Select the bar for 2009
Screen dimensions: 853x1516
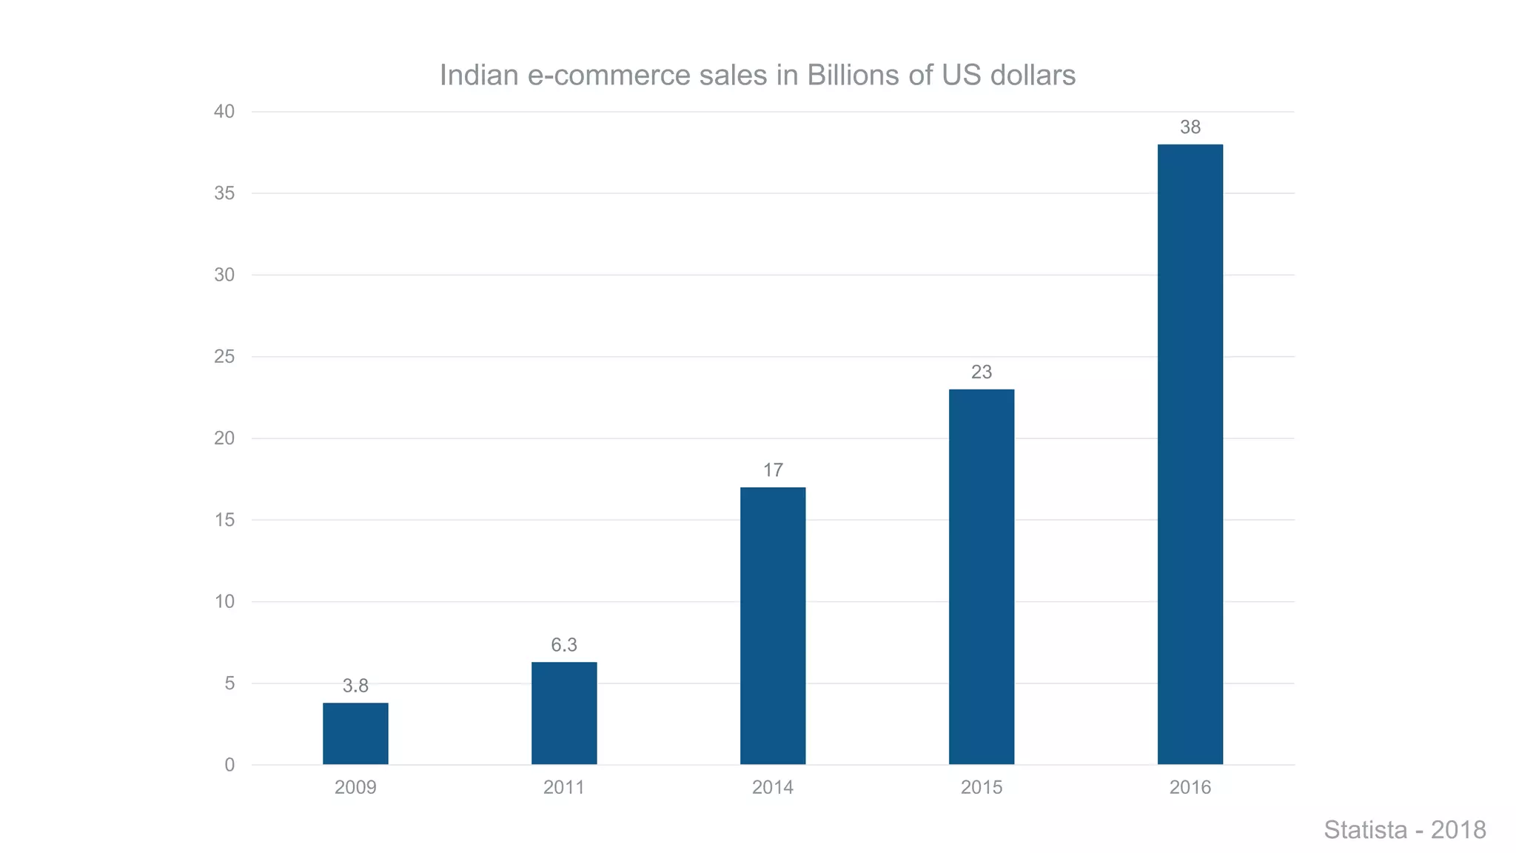[355, 733]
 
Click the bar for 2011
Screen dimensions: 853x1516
[564, 713]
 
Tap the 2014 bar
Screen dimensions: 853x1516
[773, 626]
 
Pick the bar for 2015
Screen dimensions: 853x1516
[982, 577]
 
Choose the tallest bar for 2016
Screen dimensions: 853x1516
[1190, 454]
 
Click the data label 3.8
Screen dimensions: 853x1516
[355, 686]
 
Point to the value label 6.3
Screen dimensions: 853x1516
[564, 645]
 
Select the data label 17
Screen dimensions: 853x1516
[773, 470]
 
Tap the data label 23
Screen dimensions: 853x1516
[982, 372]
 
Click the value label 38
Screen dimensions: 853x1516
[1190, 127]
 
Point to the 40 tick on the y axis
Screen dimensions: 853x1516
[224, 112]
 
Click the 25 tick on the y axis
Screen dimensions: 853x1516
[224, 357]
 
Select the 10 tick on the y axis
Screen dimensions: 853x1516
[224, 601]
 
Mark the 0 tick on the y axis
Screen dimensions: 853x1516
[229, 765]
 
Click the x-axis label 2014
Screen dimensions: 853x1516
[773, 787]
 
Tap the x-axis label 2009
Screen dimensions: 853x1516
[355, 787]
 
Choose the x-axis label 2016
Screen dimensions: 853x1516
[1190, 787]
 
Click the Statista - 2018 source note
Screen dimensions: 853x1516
[1404, 830]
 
